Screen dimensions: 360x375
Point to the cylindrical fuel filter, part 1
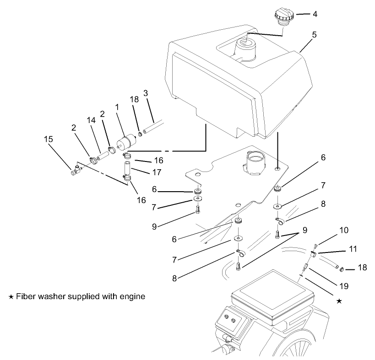tap(125, 140)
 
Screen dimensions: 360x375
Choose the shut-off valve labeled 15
tap(76, 171)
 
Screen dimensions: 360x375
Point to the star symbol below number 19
tap(339, 301)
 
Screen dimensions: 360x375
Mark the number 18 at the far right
tap(362, 267)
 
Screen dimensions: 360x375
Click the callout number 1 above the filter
tap(117, 106)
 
